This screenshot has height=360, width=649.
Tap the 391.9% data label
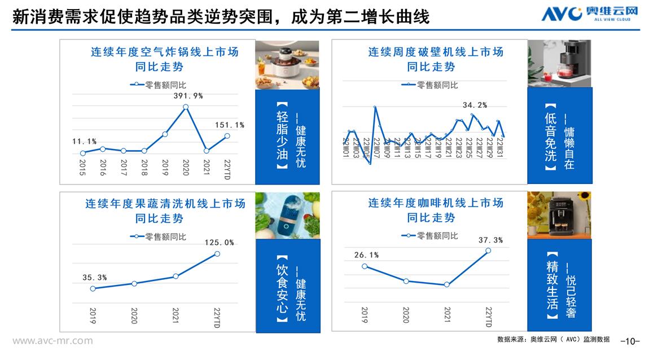pyautogui.click(x=188, y=96)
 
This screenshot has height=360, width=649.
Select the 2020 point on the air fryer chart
pyautogui.click(x=186, y=107)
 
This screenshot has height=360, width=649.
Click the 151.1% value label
pyautogui.click(x=229, y=125)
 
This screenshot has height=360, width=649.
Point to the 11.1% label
pyautogui.click(x=84, y=141)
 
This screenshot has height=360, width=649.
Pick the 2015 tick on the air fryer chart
pyautogui.click(x=83, y=168)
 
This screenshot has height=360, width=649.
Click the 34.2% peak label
pyautogui.click(x=475, y=105)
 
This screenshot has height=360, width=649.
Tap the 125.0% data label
pyautogui.click(x=220, y=243)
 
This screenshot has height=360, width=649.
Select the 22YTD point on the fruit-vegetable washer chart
pyautogui.click(x=217, y=254)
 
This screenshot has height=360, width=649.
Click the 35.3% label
pyautogui.click(x=95, y=277)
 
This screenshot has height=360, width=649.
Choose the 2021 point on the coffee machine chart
pyautogui.click(x=447, y=284)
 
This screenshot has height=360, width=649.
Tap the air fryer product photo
pyautogui.click(x=287, y=64)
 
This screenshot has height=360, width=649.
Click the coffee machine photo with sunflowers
pyautogui.click(x=559, y=214)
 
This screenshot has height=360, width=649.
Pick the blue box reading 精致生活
pyautogui.click(x=559, y=284)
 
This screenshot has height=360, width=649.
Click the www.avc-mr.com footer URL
pyautogui.click(x=52, y=341)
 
